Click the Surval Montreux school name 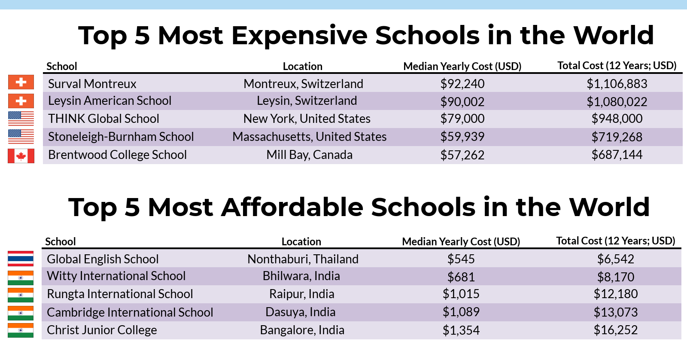coord(92,84)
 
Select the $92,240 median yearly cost coord(462,84)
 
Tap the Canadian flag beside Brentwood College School coord(21,156)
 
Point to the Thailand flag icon coord(21,259)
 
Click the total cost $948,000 coord(617,119)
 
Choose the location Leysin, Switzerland coord(307,101)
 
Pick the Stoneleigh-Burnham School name coord(121,137)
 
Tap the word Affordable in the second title coord(292,207)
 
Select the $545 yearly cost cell coord(461,259)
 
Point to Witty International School coord(116,276)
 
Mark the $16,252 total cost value coord(616,330)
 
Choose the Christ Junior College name coord(102,330)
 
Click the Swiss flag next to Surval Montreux coord(21,82)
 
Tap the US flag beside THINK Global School coord(21,119)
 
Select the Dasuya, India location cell coord(300,312)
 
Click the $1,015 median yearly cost coord(461,294)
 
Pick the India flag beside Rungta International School coord(21,295)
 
